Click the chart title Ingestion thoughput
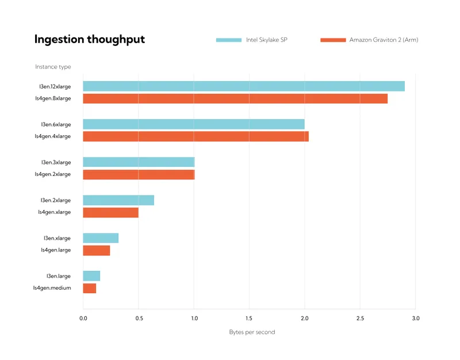coord(90,39)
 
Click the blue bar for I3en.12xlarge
coord(243,86)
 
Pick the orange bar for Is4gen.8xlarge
coord(235,98)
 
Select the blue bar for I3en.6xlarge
coord(194,124)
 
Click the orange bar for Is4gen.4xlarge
coord(195,136)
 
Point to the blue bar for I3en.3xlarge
coord(139,162)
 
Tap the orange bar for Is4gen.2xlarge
coord(139,174)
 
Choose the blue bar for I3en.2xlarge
coord(118,200)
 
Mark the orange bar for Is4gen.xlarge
coord(110,212)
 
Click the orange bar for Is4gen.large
coord(96,250)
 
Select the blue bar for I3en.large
coord(91,276)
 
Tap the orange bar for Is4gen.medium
coord(89,288)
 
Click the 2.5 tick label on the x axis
coord(360,318)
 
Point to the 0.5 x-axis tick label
coord(139,318)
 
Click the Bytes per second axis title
coord(252,332)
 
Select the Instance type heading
coord(53,67)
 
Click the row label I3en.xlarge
coord(57,238)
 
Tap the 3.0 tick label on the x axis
coord(416,318)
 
